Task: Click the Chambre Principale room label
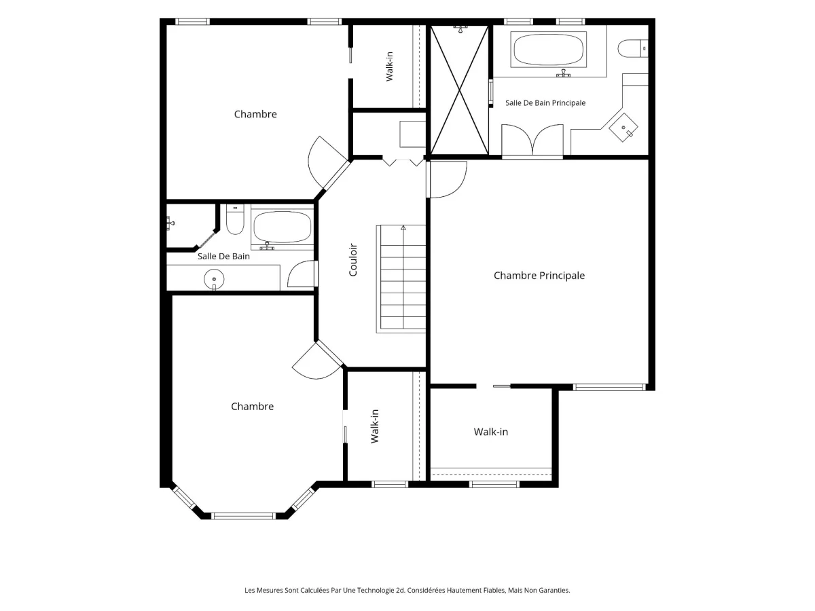point(539,276)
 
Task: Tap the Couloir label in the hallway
point(352,260)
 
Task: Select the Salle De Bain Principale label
point(545,103)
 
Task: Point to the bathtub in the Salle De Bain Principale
point(548,50)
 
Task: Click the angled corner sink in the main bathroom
point(623,127)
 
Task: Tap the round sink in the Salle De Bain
point(214,279)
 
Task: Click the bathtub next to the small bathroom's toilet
point(282,227)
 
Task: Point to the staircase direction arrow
point(403,228)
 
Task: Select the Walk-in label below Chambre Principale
point(490,432)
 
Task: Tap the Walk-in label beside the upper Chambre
point(389,67)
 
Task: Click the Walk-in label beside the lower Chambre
point(375,426)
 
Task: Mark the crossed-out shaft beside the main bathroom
point(459,90)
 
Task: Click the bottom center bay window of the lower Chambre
point(243,516)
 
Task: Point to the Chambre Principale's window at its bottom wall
point(609,387)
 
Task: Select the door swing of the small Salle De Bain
point(302,274)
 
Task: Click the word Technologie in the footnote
point(375,590)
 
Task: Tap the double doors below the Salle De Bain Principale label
point(532,139)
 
